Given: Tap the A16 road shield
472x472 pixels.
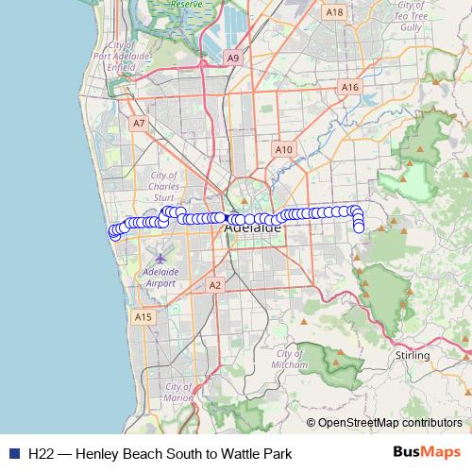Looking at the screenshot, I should coord(351,87).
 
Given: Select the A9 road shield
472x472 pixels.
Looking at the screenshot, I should coord(233,58).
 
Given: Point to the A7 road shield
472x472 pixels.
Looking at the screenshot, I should coord(139,123).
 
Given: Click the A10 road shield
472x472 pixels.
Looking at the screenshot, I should coord(282,149).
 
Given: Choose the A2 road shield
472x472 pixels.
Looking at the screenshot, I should coord(215,284).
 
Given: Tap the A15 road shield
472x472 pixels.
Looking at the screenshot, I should coord(143,317).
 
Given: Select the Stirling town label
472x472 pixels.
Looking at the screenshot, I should coord(413,356).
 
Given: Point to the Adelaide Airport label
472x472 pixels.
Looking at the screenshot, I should coord(161,277).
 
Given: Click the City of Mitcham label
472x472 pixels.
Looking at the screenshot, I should coord(288,359).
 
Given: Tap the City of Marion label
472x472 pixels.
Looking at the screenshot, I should coord(178,392).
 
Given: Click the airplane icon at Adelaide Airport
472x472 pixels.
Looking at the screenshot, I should coord(160,257).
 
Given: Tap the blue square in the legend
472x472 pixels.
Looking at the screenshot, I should coord(13,452).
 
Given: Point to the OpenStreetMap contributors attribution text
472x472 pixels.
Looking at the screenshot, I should coord(390,423).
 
